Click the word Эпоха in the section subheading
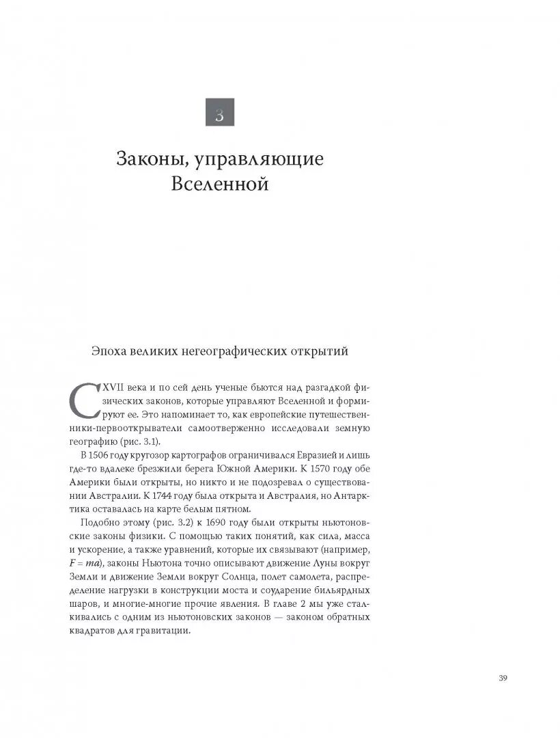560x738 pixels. point(111,352)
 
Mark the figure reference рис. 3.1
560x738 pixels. point(135,441)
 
